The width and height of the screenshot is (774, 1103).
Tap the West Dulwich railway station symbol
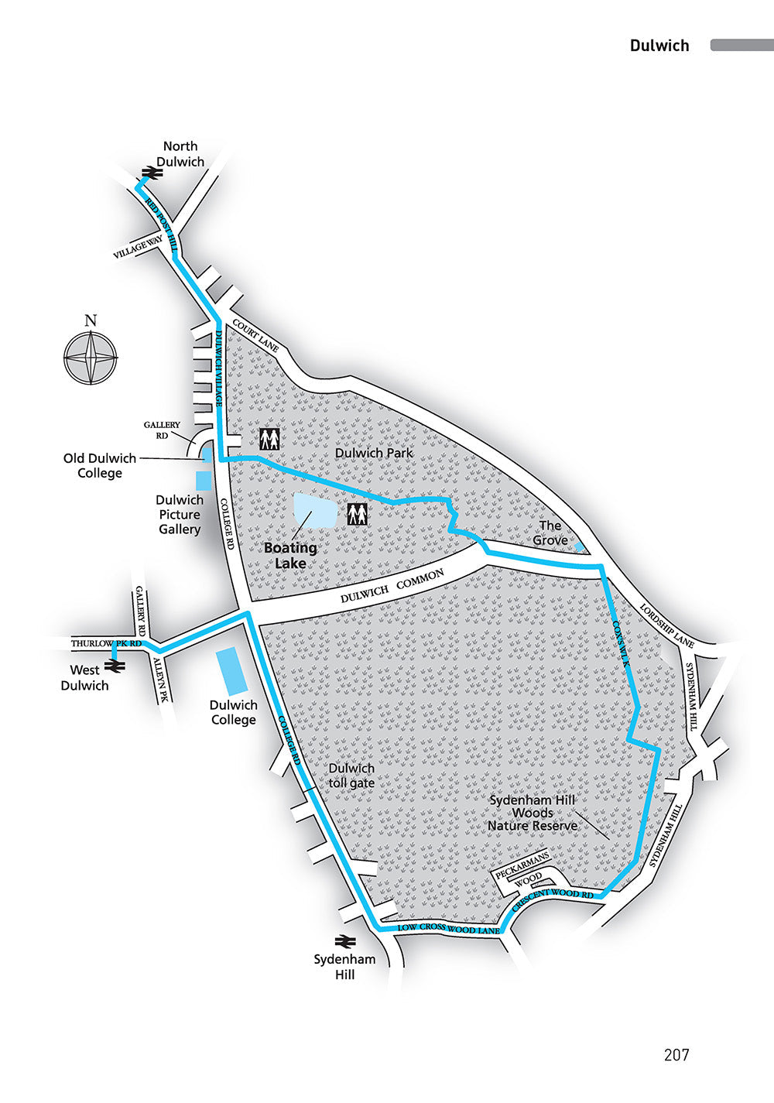[x=115, y=664]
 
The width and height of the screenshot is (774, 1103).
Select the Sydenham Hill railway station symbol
[x=344, y=941]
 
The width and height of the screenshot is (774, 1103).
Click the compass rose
[x=91, y=358]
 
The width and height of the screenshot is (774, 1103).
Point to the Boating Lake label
[x=290, y=555]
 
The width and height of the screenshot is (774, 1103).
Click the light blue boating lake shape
[x=315, y=511]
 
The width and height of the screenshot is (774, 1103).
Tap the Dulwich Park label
[x=374, y=453]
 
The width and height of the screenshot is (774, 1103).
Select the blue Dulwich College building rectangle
[x=231, y=670]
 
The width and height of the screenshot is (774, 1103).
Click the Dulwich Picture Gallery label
[x=180, y=515]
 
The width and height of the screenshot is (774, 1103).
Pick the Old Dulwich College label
[x=100, y=465]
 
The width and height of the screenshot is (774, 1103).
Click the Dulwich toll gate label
[x=351, y=776]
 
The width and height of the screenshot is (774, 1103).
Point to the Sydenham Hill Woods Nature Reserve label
[x=533, y=813]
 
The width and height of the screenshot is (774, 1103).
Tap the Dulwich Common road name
[x=392, y=587]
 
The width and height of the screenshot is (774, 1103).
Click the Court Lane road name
[x=255, y=337]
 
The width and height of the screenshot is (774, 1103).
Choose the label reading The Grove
[x=550, y=533]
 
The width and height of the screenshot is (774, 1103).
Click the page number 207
[x=676, y=1054]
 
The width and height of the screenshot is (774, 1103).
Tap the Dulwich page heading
[x=659, y=45]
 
